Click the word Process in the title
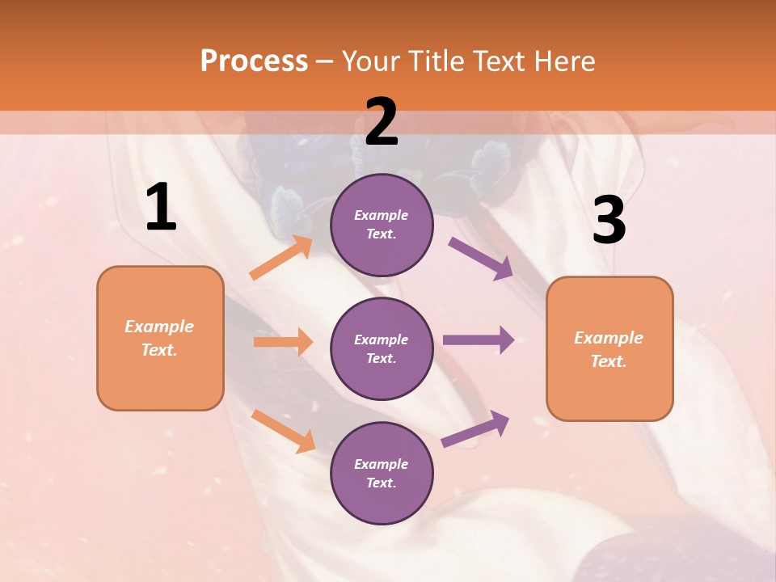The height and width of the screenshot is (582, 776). [254, 61]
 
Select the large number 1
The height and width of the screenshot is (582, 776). [161, 208]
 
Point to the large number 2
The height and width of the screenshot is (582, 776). [382, 122]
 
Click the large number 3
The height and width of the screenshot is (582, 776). [609, 221]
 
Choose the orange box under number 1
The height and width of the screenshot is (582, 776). [160, 338]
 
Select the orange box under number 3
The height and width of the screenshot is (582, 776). [609, 348]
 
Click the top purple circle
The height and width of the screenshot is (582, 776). [382, 225]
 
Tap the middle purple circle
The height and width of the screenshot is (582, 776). [382, 348]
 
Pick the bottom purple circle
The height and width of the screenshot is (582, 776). [382, 473]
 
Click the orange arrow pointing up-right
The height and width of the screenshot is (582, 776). [281, 258]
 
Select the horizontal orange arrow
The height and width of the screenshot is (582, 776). [283, 342]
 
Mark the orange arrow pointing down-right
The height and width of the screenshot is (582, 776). [283, 431]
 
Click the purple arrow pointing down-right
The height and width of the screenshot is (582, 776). [480, 258]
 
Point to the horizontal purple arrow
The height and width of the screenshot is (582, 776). [479, 339]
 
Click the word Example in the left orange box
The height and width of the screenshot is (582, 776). [159, 327]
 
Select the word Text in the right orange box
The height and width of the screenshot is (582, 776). [607, 361]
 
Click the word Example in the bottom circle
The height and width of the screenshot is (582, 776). [381, 464]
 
